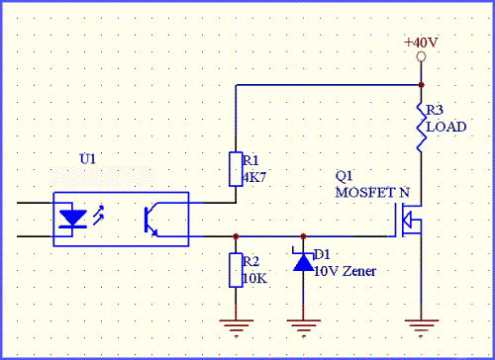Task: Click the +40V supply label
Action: (421, 43)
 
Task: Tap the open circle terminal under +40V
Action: (421, 57)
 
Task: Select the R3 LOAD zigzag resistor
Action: (421, 128)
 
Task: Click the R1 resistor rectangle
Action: (236, 169)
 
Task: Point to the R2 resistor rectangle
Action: (236, 270)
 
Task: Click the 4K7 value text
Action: (254, 178)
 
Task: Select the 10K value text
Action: (254, 279)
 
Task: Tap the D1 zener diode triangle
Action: (303, 262)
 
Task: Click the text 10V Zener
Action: (345, 271)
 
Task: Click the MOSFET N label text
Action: (372, 192)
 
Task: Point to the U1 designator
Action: (87, 159)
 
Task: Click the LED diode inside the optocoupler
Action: (72, 220)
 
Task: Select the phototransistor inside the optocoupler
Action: (150, 220)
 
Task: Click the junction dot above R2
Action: (236, 236)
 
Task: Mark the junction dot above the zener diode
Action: (303, 236)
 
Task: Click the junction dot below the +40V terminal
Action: (421, 85)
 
